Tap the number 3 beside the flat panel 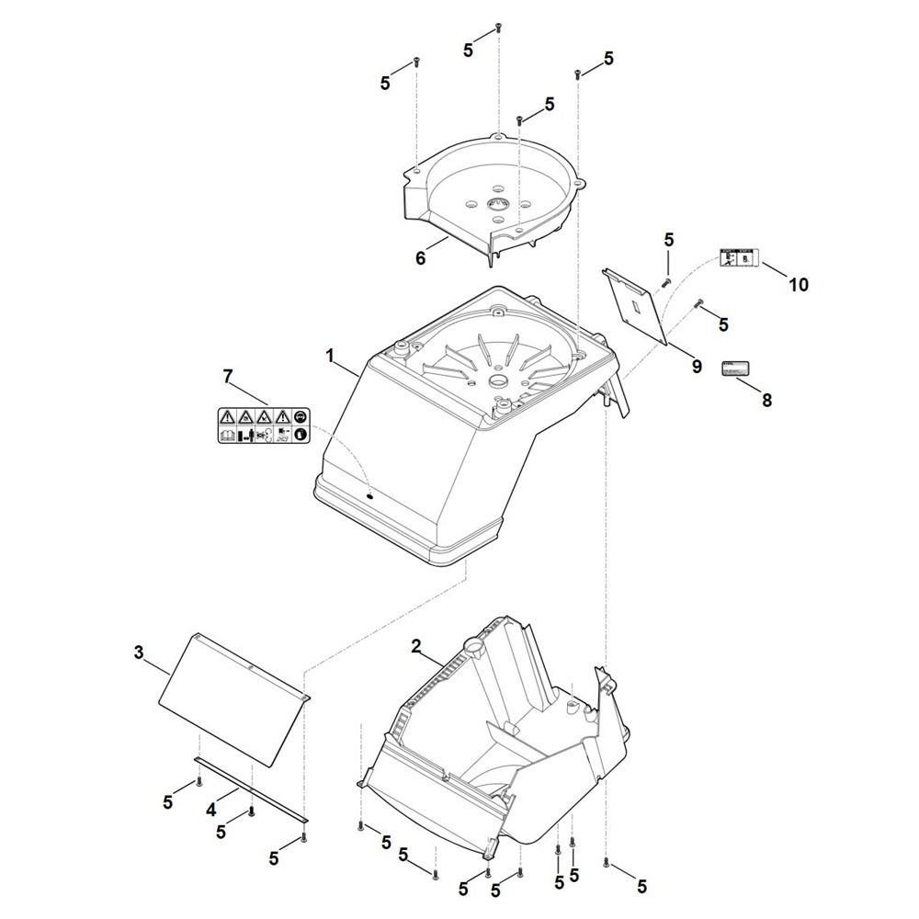point(139,652)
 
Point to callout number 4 point(210,811)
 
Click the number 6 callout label point(421,258)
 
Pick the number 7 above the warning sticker point(228,376)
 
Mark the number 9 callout point(696,367)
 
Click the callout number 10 point(798,285)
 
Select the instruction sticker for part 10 point(737,258)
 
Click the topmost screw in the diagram point(497,27)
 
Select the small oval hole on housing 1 point(370,494)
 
